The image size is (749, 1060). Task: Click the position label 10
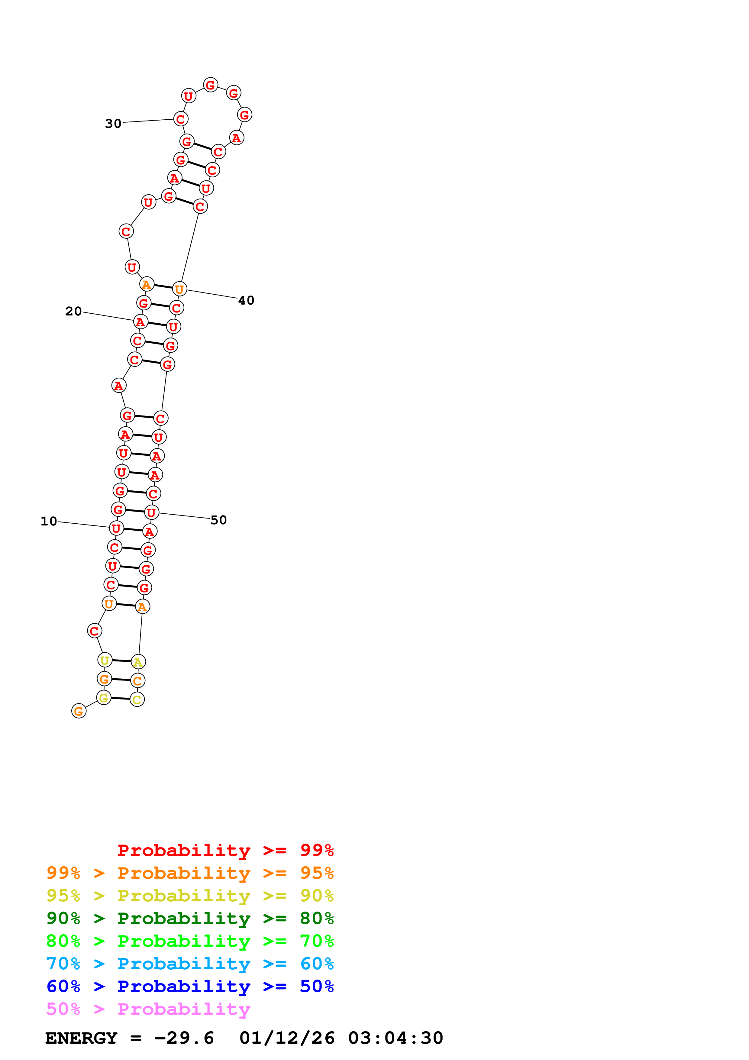[x=49, y=521]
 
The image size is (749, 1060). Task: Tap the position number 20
[x=73, y=311]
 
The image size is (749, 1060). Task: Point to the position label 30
[x=113, y=124]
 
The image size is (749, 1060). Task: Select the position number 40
[x=246, y=301]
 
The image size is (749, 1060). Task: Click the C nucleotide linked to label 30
[x=180, y=119]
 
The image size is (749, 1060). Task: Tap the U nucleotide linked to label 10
[x=116, y=528]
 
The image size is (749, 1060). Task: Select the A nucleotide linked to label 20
[x=140, y=322]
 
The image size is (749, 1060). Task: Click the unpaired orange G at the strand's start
[x=79, y=711]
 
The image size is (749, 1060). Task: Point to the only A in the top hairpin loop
[x=236, y=137]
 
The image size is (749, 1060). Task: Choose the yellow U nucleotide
[x=105, y=660]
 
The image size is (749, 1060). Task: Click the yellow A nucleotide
[x=138, y=662]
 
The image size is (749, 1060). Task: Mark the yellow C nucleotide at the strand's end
[x=137, y=700]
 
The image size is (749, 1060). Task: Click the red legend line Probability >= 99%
[x=226, y=850]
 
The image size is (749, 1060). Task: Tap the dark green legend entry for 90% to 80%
[x=190, y=918]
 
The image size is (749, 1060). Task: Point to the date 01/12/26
[x=287, y=1038]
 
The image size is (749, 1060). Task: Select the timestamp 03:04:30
[x=395, y=1038]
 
